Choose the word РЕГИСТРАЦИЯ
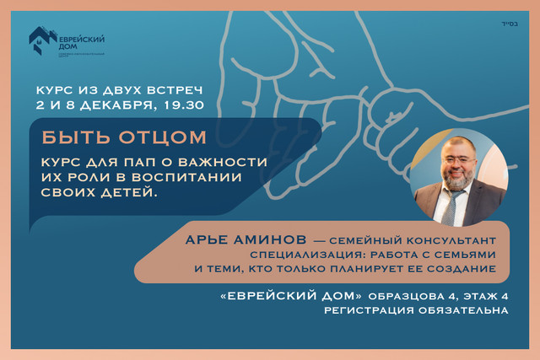(x=364, y=310)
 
